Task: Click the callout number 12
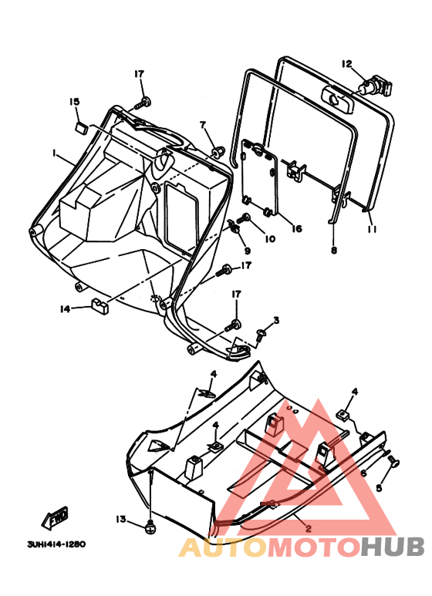[x=347, y=64]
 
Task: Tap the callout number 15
[x=75, y=102]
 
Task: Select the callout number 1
[x=54, y=153]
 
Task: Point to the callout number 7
[x=203, y=125]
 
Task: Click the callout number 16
[x=297, y=228]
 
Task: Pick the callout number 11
[x=372, y=229]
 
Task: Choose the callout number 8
[x=334, y=250]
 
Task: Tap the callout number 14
[x=66, y=309]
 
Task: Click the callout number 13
[x=120, y=519]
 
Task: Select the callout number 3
[x=276, y=321]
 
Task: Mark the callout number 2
[x=308, y=528]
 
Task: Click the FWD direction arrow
[x=55, y=518]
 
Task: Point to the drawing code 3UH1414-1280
[x=56, y=544]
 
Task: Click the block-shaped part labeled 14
[x=100, y=306]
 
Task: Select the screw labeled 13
[x=150, y=527]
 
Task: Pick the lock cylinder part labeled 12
[x=376, y=86]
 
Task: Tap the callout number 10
[x=270, y=239]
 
